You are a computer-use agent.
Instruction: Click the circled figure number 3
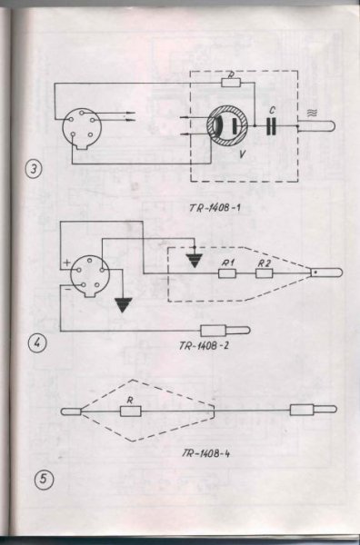point(34,170)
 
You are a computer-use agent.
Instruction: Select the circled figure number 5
point(44,480)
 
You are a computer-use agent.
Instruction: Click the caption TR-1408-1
point(215,208)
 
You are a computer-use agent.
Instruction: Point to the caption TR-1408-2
point(205,346)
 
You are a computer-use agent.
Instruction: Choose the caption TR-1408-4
point(205,453)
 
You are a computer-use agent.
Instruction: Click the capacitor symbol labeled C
point(271,126)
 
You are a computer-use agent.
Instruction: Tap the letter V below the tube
point(243,154)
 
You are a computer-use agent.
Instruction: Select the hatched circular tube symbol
point(227,126)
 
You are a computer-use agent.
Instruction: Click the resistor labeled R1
point(227,273)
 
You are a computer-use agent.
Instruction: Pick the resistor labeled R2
point(264,273)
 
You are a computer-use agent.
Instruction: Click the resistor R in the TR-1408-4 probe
point(131,411)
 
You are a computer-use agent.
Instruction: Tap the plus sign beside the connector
point(66,263)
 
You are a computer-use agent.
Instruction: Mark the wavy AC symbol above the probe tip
point(312,113)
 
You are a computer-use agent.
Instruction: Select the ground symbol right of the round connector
point(123,305)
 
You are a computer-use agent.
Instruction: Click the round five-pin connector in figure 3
point(82,129)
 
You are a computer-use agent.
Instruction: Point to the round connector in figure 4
point(90,276)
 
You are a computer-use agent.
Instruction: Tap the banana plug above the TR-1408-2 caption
point(225,331)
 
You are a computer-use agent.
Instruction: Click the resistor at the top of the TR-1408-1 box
point(231,83)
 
